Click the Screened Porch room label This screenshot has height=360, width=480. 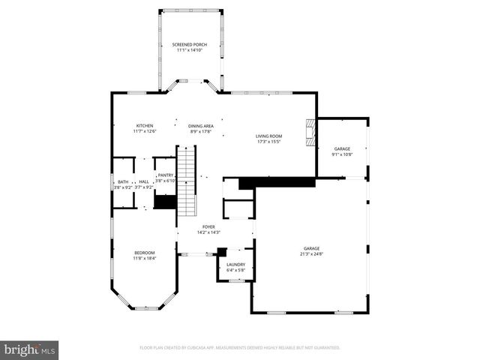pyautogui.click(x=189, y=44)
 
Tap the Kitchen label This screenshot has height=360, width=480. pyautogui.click(x=145, y=125)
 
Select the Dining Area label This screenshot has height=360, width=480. pyautogui.click(x=200, y=125)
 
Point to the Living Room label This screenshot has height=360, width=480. pyautogui.click(x=268, y=136)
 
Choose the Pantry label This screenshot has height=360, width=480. pyautogui.click(x=166, y=175)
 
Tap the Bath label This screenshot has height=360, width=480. pyautogui.click(x=122, y=181)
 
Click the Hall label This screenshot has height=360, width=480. pyautogui.click(x=143, y=181)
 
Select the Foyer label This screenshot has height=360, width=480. pyautogui.click(x=208, y=226)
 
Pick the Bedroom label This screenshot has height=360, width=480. pyautogui.click(x=145, y=252)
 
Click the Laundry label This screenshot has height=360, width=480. pyautogui.click(x=235, y=264)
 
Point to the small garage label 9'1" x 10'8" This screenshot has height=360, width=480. pyautogui.click(x=342, y=148)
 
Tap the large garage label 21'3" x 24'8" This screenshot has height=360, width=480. pyautogui.click(x=311, y=248)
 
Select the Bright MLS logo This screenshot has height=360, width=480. pyautogui.click(x=29, y=349)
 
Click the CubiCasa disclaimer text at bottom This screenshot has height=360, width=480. pyautogui.click(x=240, y=348)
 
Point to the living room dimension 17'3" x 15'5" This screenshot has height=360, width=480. pyautogui.click(x=268, y=141)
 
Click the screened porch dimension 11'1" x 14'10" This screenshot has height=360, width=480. pyautogui.click(x=189, y=49)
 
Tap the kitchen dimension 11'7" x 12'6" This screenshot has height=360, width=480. pyautogui.click(x=145, y=130)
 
